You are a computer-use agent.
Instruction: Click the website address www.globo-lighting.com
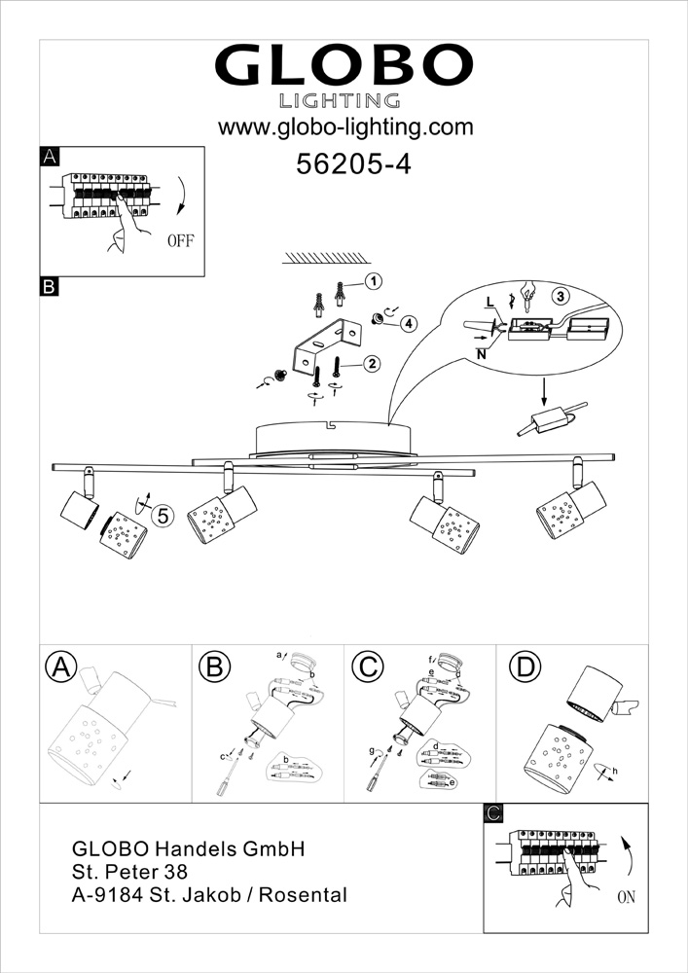point(344,127)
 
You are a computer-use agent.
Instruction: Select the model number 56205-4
point(352,164)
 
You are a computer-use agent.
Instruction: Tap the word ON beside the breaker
point(625,897)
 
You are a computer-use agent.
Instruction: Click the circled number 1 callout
point(371,282)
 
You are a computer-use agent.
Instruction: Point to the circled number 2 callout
point(371,364)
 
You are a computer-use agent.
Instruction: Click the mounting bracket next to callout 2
point(324,342)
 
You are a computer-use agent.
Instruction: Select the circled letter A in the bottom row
point(61,667)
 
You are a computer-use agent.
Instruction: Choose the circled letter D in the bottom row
point(525,667)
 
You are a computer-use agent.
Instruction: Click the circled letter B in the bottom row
point(213,667)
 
